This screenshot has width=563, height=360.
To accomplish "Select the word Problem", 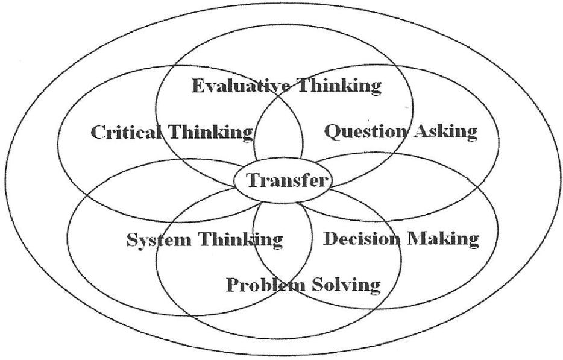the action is point(266,284).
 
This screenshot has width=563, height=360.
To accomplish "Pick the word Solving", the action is point(346,284).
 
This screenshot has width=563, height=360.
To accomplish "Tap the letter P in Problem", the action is point(232,283).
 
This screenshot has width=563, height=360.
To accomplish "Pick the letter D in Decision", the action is point(330,239).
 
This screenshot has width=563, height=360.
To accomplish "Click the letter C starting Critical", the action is point(98,132).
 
